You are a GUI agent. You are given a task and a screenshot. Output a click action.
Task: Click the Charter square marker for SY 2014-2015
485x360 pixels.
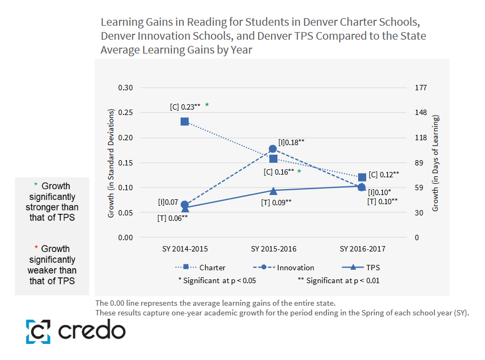(184, 121)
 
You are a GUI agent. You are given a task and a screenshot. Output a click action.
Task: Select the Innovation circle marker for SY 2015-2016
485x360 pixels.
(273, 149)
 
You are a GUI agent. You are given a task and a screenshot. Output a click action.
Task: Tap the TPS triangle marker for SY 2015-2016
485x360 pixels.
(273, 190)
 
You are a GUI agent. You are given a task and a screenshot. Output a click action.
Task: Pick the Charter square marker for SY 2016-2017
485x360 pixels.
(362, 177)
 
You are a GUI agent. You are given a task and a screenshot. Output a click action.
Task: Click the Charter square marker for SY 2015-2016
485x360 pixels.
(273, 159)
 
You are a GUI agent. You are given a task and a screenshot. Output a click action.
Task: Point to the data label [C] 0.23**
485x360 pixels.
(185, 107)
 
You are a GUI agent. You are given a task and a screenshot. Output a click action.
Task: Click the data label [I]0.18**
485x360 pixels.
(291, 142)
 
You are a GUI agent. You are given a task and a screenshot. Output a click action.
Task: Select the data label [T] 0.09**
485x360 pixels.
(276, 202)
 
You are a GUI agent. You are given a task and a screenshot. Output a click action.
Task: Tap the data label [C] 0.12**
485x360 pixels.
(384, 174)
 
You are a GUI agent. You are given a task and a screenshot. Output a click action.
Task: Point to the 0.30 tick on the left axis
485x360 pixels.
(125, 88)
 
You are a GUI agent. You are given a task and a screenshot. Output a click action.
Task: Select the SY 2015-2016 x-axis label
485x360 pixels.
(274, 249)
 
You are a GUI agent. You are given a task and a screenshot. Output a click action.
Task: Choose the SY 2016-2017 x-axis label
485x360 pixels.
(362, 249)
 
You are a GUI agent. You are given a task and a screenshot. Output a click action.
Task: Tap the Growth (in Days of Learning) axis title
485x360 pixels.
(436, 163)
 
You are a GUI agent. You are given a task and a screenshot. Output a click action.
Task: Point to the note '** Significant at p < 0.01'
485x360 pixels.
(339, 280)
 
